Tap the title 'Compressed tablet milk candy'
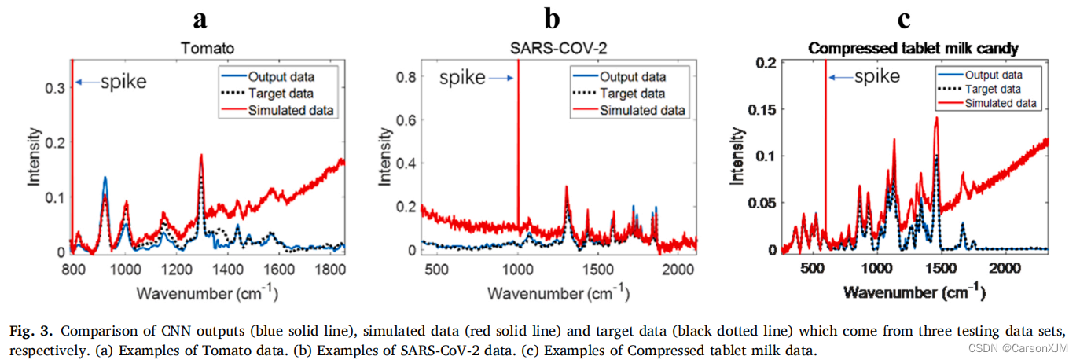pos(913,49)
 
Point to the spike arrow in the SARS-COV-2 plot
pos(495,78)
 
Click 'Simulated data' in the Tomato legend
pos(292,110)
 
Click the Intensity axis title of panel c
pos(737,158)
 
